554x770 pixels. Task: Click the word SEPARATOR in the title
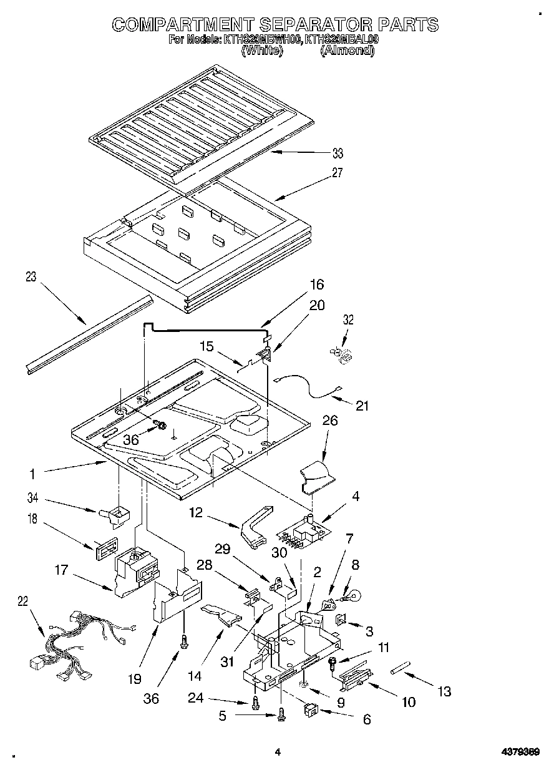click(312, 24)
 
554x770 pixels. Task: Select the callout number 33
click(337, 154)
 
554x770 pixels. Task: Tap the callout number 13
click(444, 691)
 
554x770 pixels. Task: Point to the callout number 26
click(329, 421)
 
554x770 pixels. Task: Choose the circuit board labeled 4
click(303, 531)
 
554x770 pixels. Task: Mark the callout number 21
click(362, 406)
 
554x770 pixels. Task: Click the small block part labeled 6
click(311, 710)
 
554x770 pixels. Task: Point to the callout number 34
click(33, 497)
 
